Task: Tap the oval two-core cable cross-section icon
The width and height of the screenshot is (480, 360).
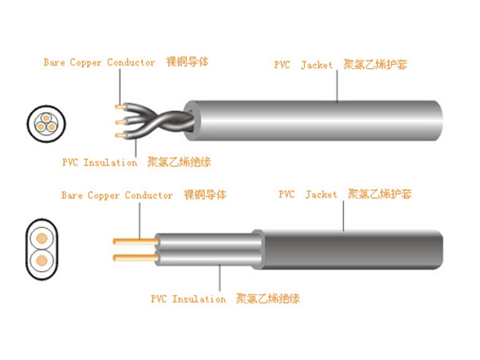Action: click(40, 250)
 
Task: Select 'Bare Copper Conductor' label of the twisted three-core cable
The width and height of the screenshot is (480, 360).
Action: click(100, 62)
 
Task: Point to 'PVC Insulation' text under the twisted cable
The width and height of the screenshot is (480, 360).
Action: click(99, 162)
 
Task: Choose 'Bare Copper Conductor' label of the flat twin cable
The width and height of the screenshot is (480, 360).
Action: click(117, 195)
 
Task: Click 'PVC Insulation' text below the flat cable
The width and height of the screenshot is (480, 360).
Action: click(188, 299)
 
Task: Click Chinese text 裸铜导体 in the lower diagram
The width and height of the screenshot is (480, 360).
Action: click(206, 195)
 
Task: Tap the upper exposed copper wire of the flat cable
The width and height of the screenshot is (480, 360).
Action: click(129, 240)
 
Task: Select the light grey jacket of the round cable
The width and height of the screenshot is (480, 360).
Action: click(320, 123)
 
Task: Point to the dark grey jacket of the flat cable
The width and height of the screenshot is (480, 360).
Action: click(352, 251)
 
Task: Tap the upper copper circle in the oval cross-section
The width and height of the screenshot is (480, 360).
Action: click(40, 238)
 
